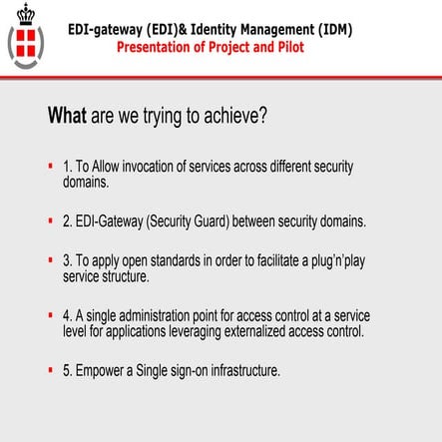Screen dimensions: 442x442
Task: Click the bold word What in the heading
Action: [x=68, y=116]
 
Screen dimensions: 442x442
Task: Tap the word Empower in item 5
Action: [x=101, y=370]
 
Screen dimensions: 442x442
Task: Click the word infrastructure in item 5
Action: [x=245, y=370]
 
